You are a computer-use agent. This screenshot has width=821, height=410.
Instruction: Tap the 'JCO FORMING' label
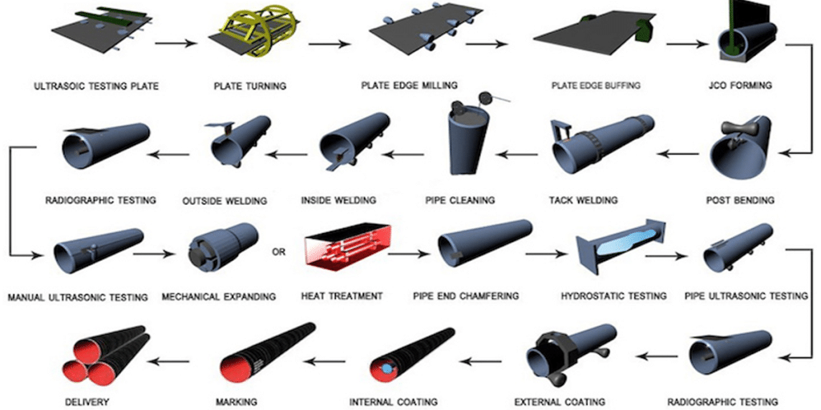click(x=747, y=86)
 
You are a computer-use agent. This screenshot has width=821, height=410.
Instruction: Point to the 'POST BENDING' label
click(x=747, y=199)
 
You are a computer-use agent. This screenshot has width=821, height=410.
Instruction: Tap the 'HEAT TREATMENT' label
click(x=342, y=296)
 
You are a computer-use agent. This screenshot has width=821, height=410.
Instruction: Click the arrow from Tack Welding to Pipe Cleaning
click(x=516, y=153)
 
